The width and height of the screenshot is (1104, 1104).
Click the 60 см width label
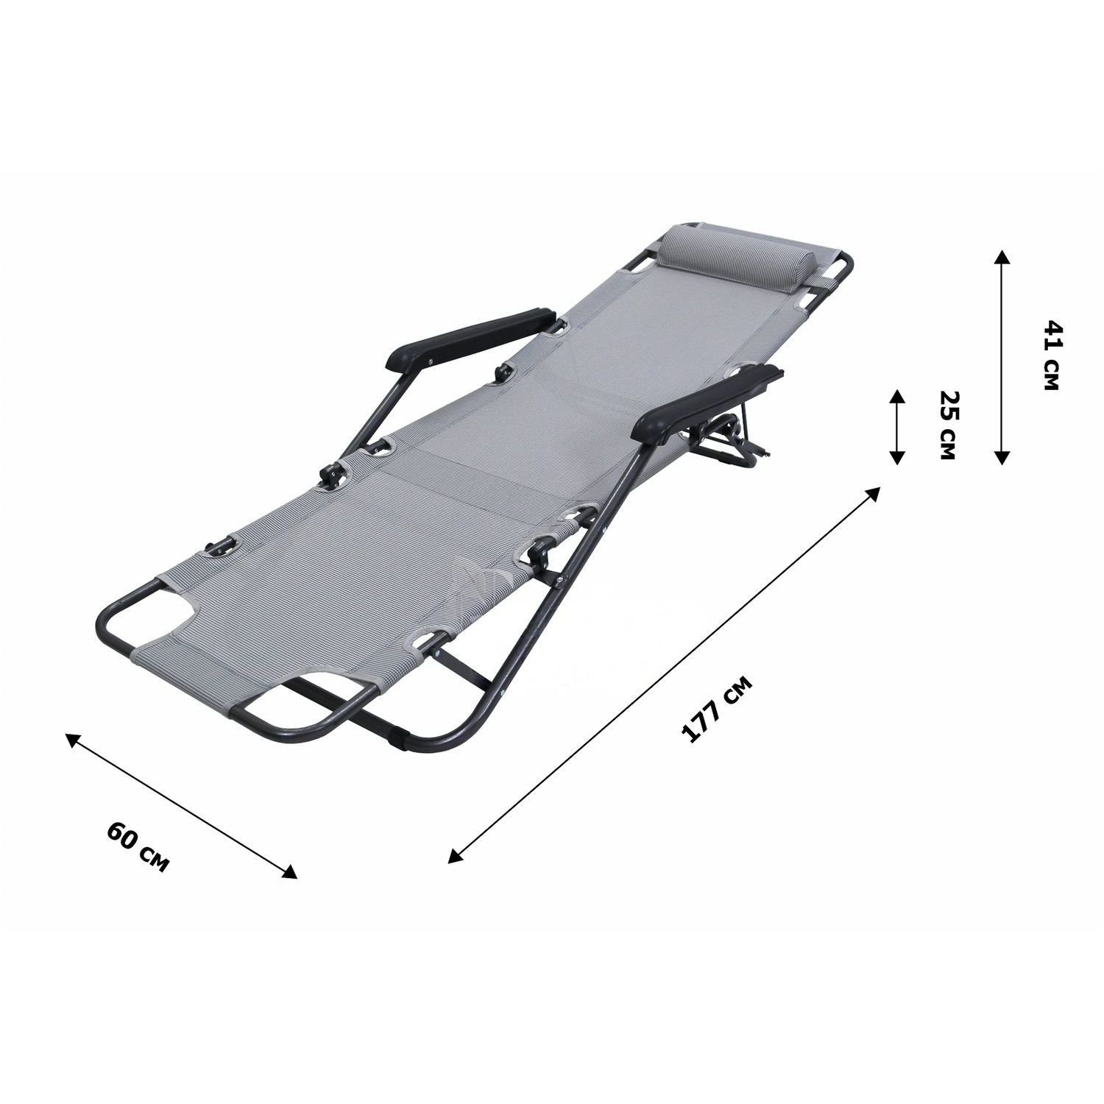click(138, 846)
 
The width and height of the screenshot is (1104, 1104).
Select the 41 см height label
click(1051, 355)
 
